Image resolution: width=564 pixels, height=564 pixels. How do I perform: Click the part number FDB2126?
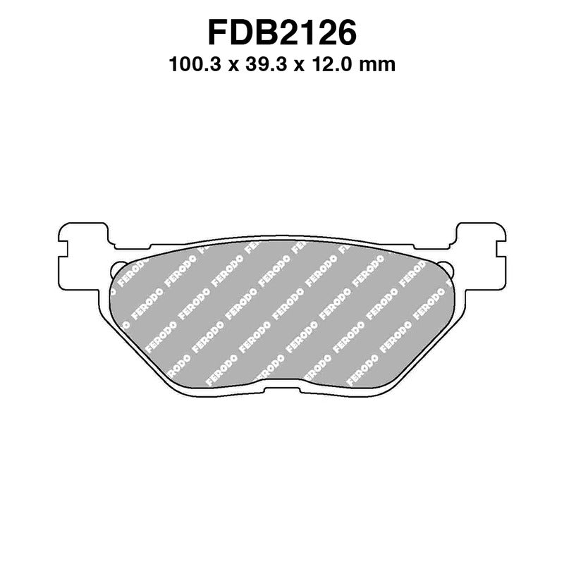282,32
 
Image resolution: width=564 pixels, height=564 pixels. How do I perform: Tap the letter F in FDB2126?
217,32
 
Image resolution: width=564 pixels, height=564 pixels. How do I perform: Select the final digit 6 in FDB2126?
347,32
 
